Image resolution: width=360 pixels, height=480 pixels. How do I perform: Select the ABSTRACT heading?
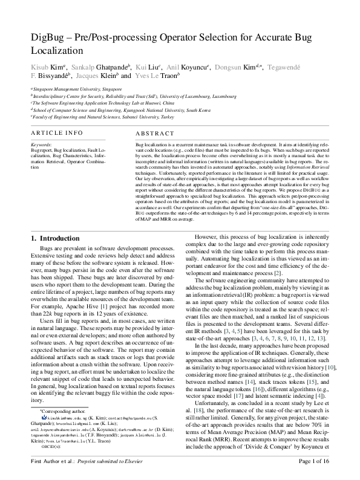point(154,133)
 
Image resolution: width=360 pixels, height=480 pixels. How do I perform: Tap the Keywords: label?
point(41,144)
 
